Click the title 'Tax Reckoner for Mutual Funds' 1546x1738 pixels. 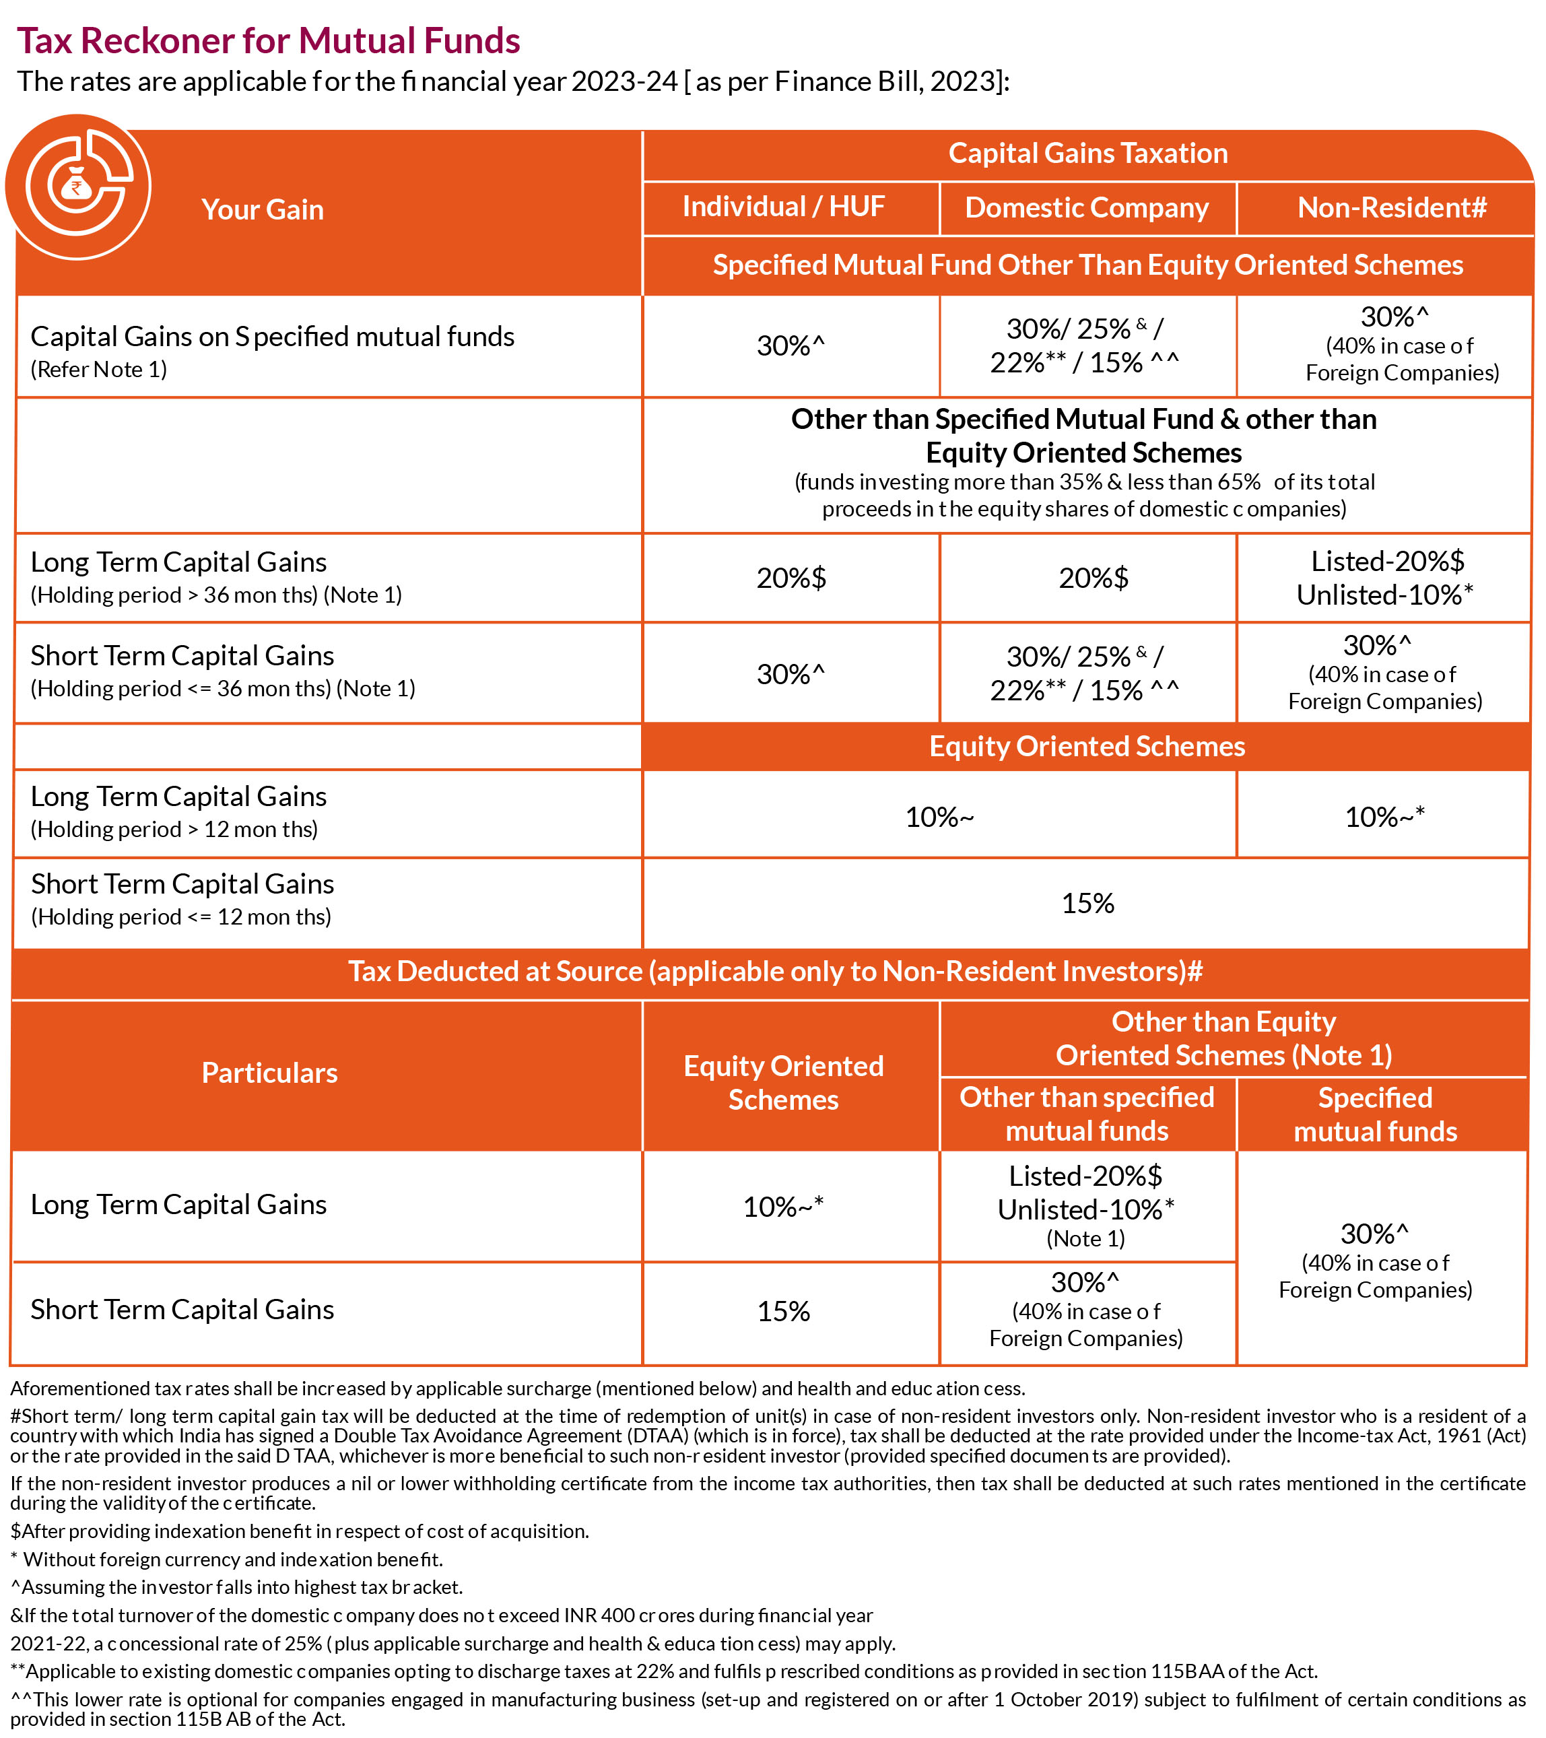coord(268,41)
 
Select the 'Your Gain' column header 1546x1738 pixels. coord(263,209)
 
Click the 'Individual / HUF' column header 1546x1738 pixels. coord(783,207)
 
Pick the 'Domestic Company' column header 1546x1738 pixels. coord(1087,207)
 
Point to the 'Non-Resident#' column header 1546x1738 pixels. coord(1391,207)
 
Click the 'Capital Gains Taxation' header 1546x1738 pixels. coord(1087,153)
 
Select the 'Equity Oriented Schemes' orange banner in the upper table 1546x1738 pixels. coord(1087,745)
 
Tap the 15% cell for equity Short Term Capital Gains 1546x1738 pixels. coord(1087,903)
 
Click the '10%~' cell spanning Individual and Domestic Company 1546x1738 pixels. coord(939,816)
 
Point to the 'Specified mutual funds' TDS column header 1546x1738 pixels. coord(1375,1114)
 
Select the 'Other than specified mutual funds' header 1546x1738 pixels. coord(1087,1114)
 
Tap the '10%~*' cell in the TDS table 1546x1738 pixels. coord(783,1207)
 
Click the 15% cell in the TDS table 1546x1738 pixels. coord(783,1311)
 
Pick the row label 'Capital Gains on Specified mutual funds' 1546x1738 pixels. coord(272,337)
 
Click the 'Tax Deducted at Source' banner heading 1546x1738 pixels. coord(775,971)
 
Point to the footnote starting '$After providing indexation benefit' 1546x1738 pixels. coord(300,1531)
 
